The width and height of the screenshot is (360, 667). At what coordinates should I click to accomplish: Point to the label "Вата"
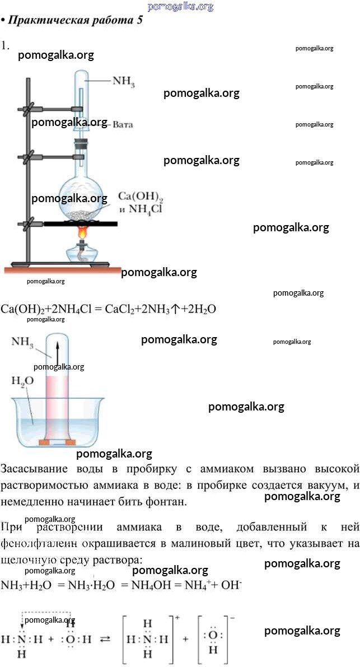[123, 124]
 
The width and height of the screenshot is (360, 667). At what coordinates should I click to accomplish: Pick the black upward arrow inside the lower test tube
[57, 351]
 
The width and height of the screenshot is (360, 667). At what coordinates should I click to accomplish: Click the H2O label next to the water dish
[22, 381]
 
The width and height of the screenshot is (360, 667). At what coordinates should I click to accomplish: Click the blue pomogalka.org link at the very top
[180, 6]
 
